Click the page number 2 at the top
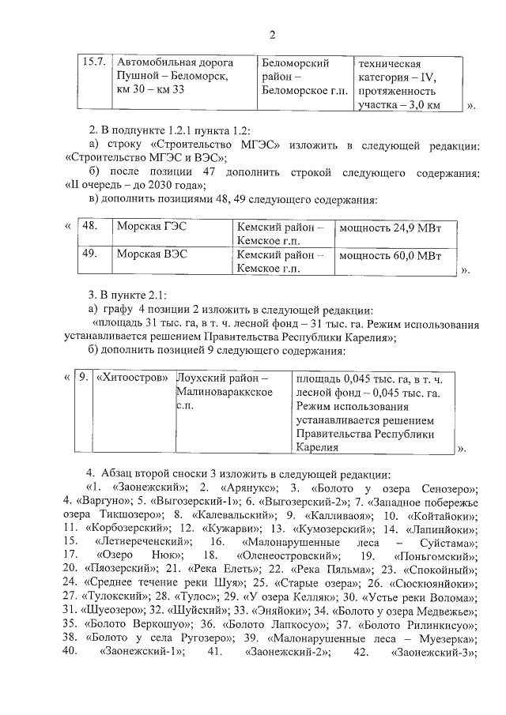(x=273, y=34)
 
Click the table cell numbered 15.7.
(x=95, y=63)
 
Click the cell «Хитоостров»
(x=132, y=378)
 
